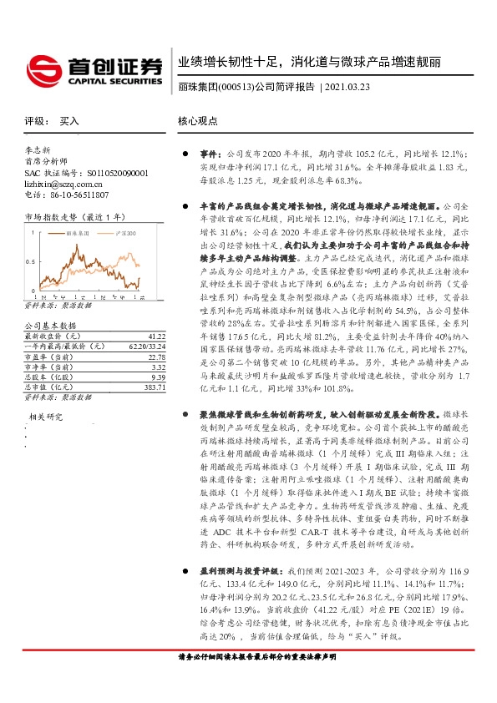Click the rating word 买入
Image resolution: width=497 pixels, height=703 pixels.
[x=69, y=121]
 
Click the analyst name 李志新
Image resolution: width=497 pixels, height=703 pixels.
[x=38, y=151]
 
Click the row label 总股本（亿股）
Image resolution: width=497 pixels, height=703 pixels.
[x=49, y=376]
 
